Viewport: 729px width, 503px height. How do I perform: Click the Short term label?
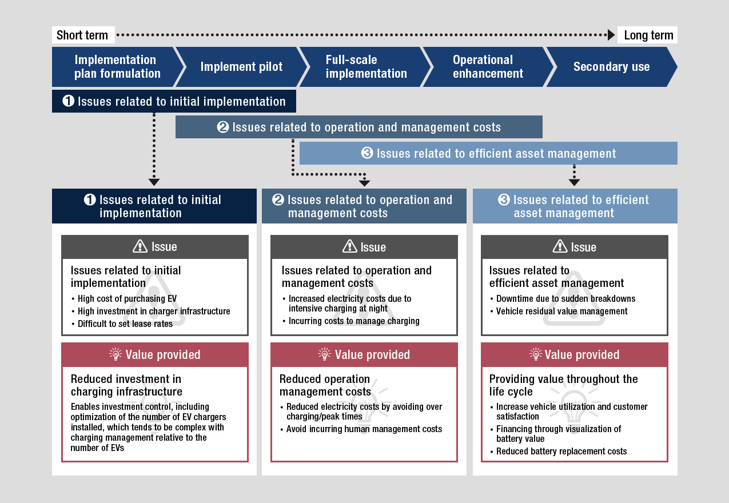click(x=82, y=35)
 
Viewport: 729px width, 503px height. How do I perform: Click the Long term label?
click(x=648, y=35)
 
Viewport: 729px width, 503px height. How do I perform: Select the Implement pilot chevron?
click(x=241, y=67)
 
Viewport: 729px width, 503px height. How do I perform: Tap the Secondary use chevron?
click(x=612, y=67)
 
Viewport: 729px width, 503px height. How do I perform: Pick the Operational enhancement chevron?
click(x=488, y=67)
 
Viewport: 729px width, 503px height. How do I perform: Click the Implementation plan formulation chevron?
click(x=117, y=67)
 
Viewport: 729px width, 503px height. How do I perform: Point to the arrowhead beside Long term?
click(x=611, y=35)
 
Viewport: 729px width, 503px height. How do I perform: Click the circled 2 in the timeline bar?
click(x=223, y=127)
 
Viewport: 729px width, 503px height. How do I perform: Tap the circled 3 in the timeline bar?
click(x=367, y=153)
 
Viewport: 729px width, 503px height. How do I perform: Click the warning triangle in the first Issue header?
click(x=140, y=246)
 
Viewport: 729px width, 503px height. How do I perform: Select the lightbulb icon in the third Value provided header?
click(x=536, y=354)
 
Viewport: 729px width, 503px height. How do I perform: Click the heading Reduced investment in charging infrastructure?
click(x=126, y=385)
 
